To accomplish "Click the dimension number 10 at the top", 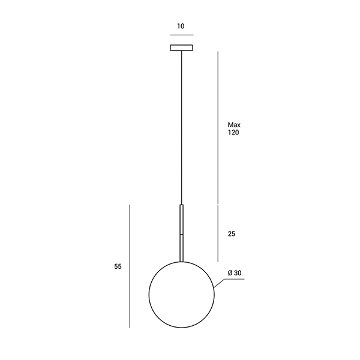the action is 181,26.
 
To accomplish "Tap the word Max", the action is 234,125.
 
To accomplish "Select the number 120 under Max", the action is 233,133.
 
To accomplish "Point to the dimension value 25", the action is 232,234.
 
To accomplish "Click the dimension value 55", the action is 118,266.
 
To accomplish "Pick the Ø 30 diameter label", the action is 235,273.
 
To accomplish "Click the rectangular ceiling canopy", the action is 181,47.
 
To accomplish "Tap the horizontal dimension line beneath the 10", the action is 182,35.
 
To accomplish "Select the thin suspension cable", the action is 181,127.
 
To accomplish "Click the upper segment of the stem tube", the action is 181,219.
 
